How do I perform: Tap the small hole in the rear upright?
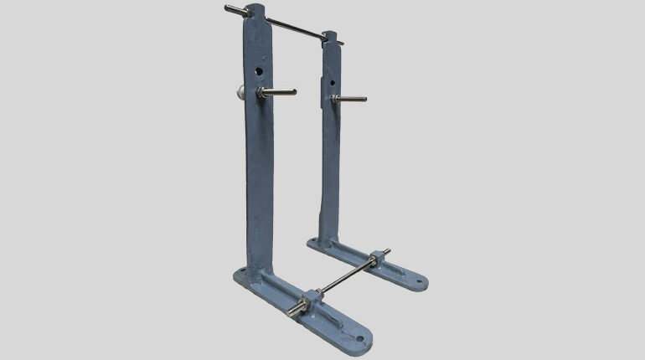coord(333,81)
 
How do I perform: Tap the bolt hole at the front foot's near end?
coord(360,338)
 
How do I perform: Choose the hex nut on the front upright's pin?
coord(262,93)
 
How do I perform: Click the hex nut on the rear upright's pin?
coord(335,99)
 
